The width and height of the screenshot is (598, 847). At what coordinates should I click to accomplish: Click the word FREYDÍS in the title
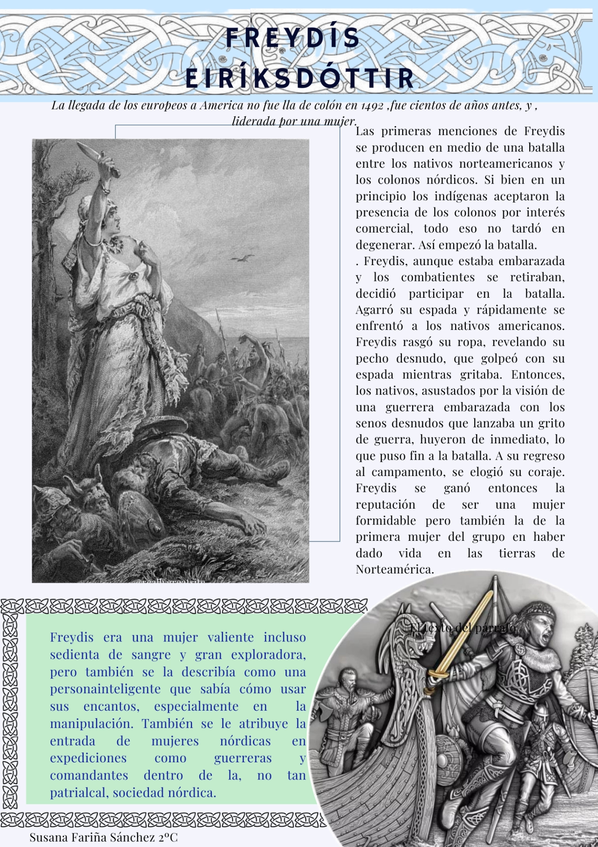tap(293, 38)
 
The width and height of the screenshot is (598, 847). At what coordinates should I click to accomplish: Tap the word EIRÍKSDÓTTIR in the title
tap(300, 79)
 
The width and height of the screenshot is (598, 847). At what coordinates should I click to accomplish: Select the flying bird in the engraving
tap(243, 258)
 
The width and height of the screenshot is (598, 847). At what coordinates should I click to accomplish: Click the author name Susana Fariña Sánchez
tap(104, 837)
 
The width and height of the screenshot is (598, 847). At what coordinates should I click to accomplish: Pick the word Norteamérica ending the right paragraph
tap(394, 570)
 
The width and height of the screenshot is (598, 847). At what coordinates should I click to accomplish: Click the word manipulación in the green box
tap(93, 724)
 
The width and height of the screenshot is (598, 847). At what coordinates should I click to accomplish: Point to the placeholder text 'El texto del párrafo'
tap(463, 627)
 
